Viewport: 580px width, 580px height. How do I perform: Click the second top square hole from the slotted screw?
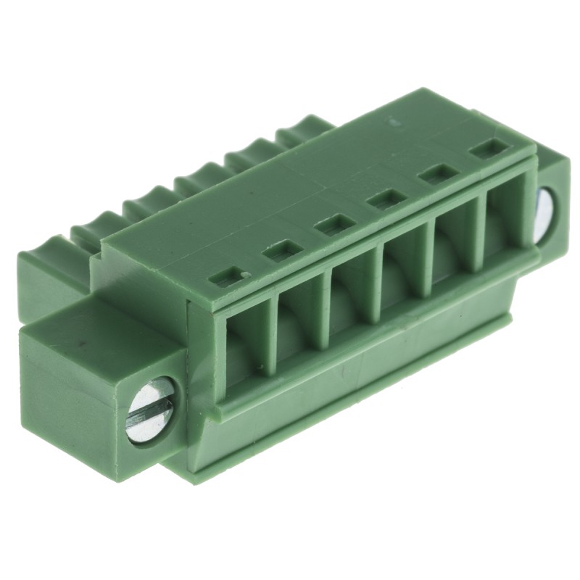[x=282, y=251]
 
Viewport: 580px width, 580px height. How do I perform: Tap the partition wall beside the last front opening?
[x=481, y=232]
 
